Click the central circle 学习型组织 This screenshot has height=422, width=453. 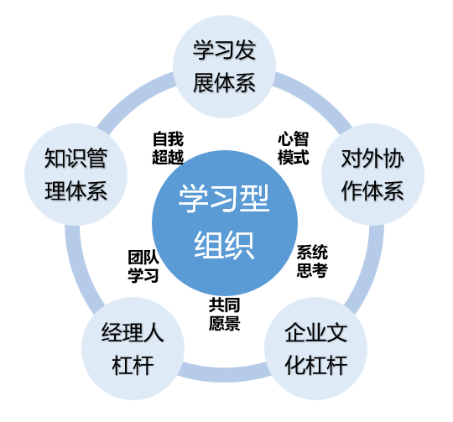click(225, 222)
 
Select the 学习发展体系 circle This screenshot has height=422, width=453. click(224, 66)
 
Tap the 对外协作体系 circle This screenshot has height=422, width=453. click(372, 175)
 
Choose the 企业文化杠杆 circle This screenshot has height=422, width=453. click(315, 349)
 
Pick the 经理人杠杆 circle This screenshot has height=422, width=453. click(133, 349)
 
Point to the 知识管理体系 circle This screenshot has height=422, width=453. click(76, 175)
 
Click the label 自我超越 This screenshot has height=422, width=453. click(168, 148)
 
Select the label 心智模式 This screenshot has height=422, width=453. click(294, 148)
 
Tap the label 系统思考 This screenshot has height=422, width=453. click(312, 261)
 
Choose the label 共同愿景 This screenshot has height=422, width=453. click(225, 315)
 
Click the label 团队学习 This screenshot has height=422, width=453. click(143, 266)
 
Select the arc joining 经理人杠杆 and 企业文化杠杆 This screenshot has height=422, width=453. click(225, 373)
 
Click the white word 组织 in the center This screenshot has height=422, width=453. click(225, 245)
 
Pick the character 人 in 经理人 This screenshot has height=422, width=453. click(154, 332)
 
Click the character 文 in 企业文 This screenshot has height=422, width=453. click(336, 332)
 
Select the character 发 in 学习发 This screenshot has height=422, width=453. click(245, 50)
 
